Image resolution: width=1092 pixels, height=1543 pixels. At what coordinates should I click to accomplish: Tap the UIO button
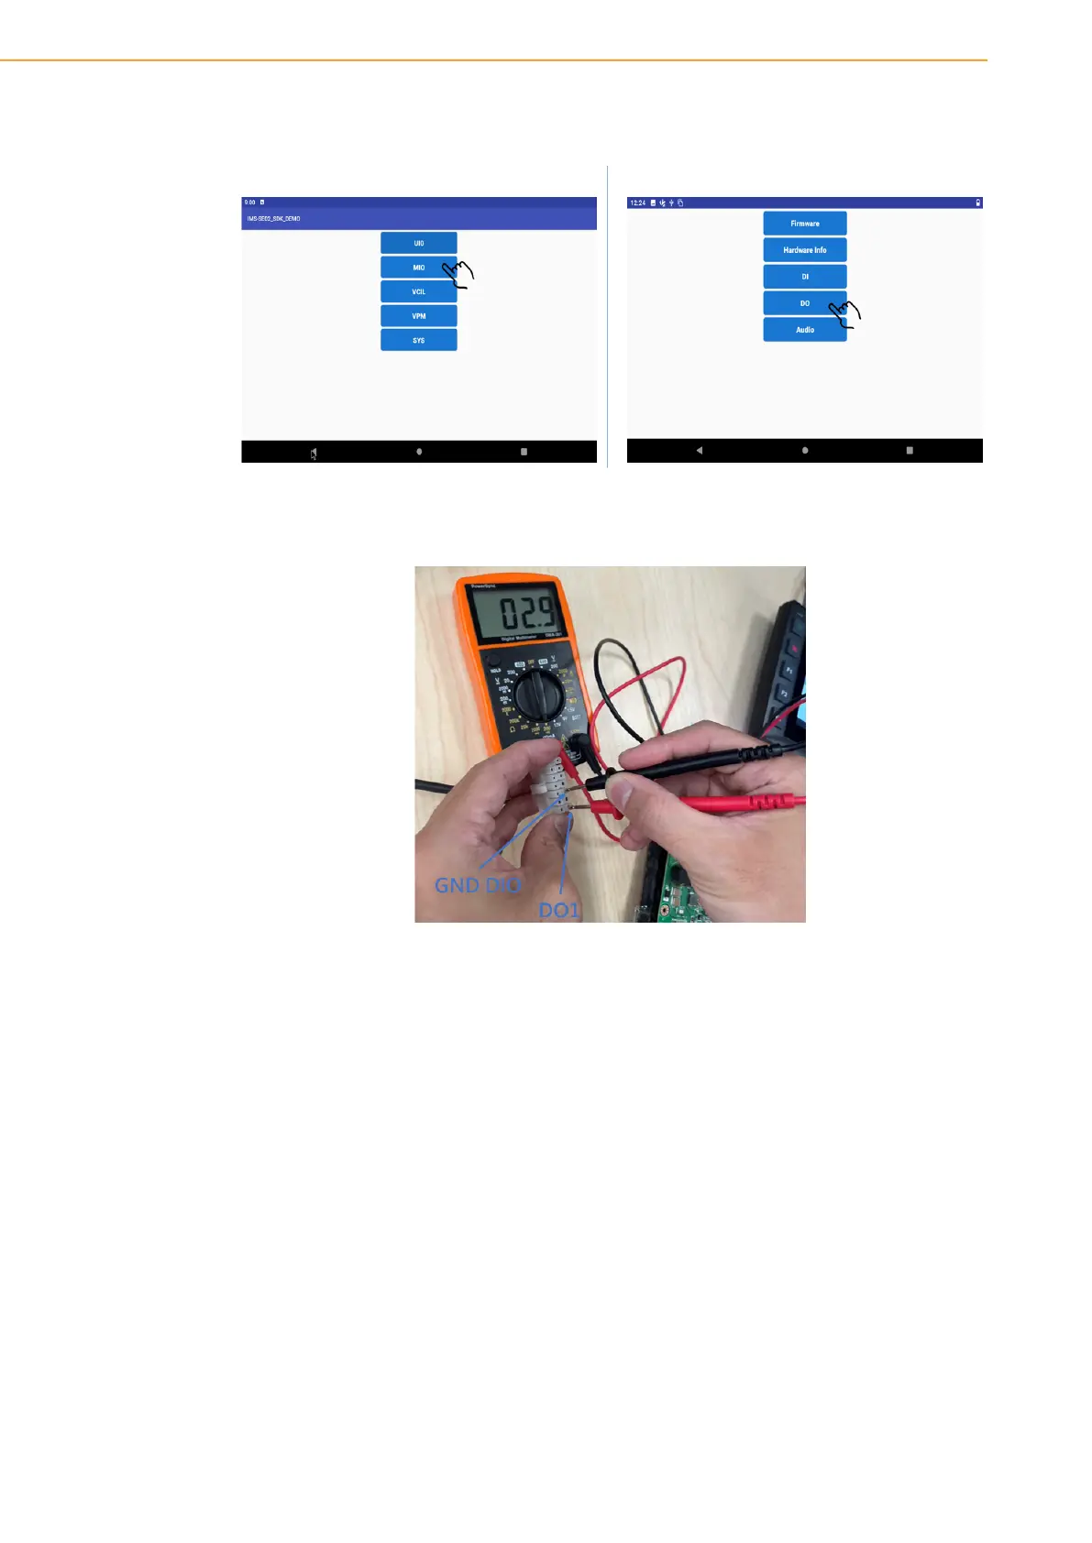pyautogui.click(x=418, y=243)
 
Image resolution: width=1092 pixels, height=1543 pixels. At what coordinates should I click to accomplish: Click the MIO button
pyautogui.click(x=418, y=268)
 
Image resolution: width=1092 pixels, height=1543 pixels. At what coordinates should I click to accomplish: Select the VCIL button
pyautogui.click(x=418, y=291)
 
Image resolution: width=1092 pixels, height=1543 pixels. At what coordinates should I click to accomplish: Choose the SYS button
pyautogui.click(x=418, y=340)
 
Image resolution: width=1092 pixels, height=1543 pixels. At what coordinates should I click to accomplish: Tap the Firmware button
pyautogui.click(x=804, y=224)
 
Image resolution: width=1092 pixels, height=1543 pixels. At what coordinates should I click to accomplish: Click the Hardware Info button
pyautogui.click(x=804, y=250)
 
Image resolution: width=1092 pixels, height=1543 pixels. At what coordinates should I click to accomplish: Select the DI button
pyautogui.click(x=804, y=277)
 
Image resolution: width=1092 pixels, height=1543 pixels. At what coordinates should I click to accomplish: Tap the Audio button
pyautogui.click(x=804, y=330)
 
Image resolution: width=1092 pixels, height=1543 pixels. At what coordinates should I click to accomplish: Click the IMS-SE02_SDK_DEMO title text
pyautogui.click(x=273, y=219)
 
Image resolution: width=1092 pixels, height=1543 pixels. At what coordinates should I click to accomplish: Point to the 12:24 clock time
pyautogui.click(x=637, y=202)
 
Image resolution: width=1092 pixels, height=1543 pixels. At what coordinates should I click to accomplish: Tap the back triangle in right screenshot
pyautogui.click(x=700, y=451)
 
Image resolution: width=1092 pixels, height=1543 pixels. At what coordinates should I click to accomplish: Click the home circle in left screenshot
pyautogui.click(x=419, y=452)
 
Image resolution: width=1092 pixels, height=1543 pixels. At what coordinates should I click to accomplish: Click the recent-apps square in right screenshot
pyautogui.click(x=910, y=451)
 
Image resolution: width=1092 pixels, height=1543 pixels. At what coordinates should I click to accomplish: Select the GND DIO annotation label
pyautogui.click(x=477, y=885)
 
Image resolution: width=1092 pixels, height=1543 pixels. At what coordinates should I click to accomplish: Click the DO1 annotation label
pyautogui.click(x=558, y=910)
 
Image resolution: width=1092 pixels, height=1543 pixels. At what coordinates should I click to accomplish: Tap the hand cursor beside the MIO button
pyautogui.click(x=458, y=273)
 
